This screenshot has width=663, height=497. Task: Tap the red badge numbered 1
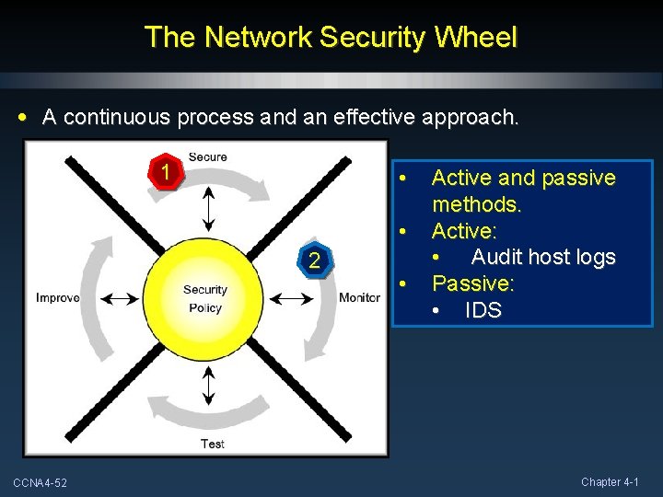point(165,171)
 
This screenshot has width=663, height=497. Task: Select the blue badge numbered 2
point(314,261)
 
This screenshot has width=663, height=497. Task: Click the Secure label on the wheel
point(207,156)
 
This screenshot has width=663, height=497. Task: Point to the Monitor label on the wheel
point(359,297)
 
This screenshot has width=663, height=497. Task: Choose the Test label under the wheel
point(213,444)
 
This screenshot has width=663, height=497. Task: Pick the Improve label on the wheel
point(57,297)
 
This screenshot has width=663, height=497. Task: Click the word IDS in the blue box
point(483,310)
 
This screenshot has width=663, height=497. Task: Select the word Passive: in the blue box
point(473,283)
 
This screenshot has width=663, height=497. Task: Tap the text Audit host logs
point(542,257)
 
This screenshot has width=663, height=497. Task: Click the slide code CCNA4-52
point(46,483)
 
